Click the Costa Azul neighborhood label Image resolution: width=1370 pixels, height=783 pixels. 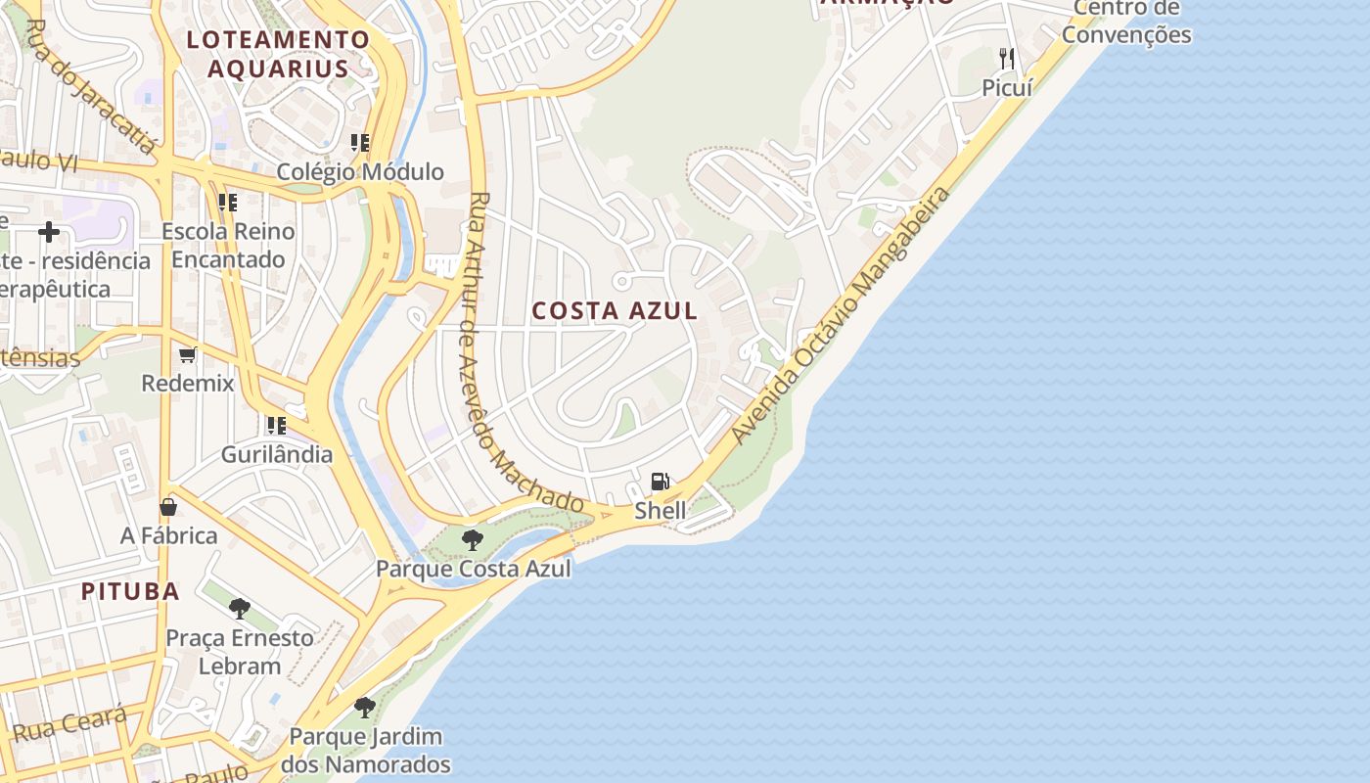click(x=615, y=311)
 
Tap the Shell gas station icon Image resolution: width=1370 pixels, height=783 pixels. click(x=661, y=482)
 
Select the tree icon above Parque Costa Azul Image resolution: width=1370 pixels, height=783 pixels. click(x=473, y=539)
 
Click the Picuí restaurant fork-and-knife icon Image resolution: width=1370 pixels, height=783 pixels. click(x=1007, y=59)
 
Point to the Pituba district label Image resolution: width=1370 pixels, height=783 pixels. click(x=130, y=591)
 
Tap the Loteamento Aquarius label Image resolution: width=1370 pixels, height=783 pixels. click(x=279, y=54)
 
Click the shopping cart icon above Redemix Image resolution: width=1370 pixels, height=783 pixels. click(x=188, y=354)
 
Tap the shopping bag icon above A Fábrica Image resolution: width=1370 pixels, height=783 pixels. click(x=168, y=507)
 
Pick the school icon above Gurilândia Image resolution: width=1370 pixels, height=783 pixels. click(x=276, y=426)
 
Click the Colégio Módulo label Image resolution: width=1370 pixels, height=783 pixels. click(x=360, y=172)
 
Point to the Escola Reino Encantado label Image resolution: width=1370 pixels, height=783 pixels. click(x=228, y=246)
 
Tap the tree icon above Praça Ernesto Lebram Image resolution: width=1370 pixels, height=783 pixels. click(x=239, y=609)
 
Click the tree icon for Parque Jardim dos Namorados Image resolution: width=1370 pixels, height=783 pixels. click(x=365, y=707)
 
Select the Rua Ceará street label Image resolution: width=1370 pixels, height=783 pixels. click(x=69, y=725)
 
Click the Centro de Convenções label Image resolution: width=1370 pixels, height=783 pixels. click(x=1126, y=22)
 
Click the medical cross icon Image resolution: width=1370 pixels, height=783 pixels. click(x=49, y=232)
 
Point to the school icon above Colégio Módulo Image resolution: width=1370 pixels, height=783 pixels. click(x=360, y=143)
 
